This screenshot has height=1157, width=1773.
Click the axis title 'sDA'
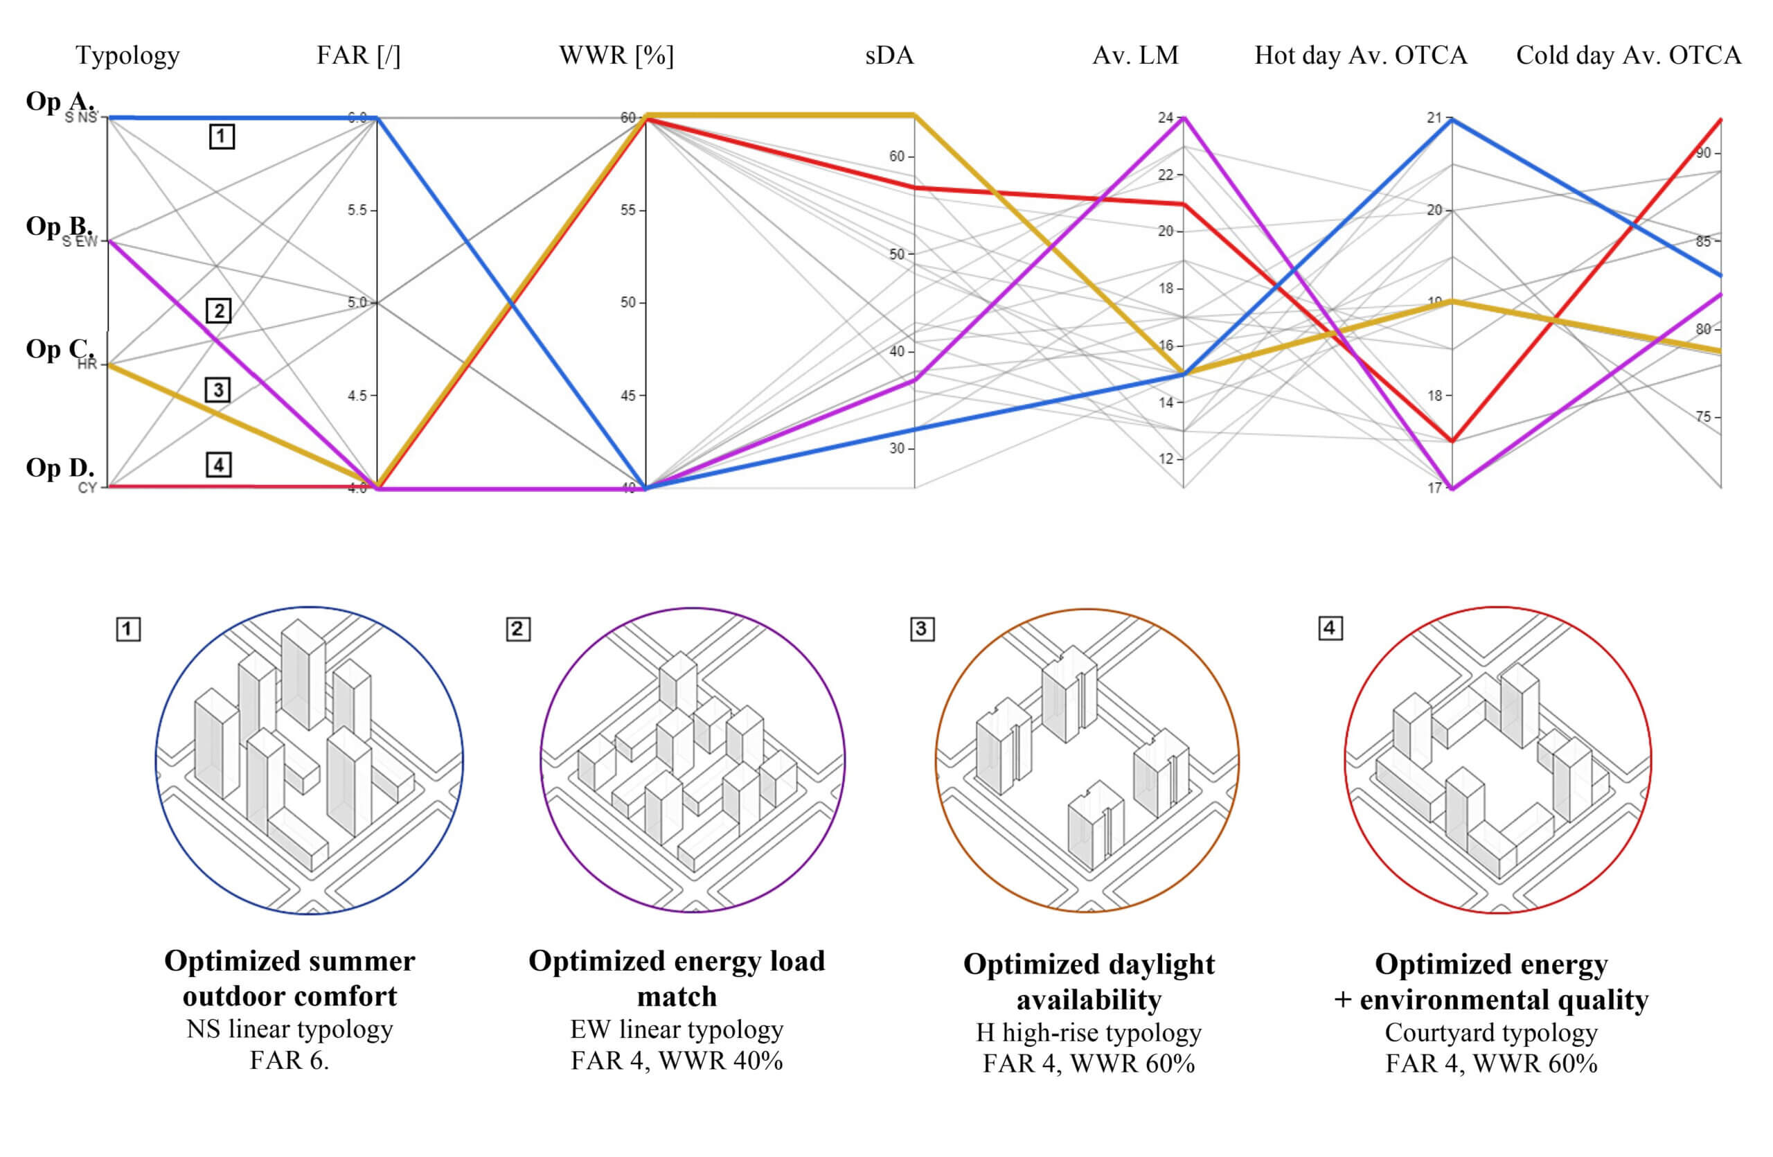pos(889,55)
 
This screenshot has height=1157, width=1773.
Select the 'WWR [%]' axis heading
pos(616,55)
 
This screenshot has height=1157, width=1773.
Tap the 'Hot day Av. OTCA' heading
pos(1360,55)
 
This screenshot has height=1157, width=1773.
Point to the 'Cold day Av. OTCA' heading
pos(1628,55)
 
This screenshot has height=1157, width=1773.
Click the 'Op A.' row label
pos(60,100)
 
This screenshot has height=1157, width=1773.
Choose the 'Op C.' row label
pos(60,348)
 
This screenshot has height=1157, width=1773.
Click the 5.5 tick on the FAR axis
pos(357,210)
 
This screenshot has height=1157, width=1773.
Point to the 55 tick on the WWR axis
pos(627,210)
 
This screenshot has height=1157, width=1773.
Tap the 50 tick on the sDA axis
pos(896,254)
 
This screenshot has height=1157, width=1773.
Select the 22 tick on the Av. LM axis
pos(1165,175)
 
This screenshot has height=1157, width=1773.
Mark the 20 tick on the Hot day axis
pos(1434,210)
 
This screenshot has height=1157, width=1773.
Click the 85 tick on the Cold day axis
pos(1703,241)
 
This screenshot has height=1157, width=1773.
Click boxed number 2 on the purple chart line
pos(218,310)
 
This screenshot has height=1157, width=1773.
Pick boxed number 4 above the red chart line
pos(218,465)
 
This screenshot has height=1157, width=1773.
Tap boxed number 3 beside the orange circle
pos(922,629)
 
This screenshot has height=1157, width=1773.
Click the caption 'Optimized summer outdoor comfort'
pos(289,978)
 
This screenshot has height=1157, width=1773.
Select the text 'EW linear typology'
pos(677,1029)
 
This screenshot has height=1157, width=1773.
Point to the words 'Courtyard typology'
pos(1490,1032)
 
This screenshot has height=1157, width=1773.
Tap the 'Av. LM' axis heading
pos(1135,55)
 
